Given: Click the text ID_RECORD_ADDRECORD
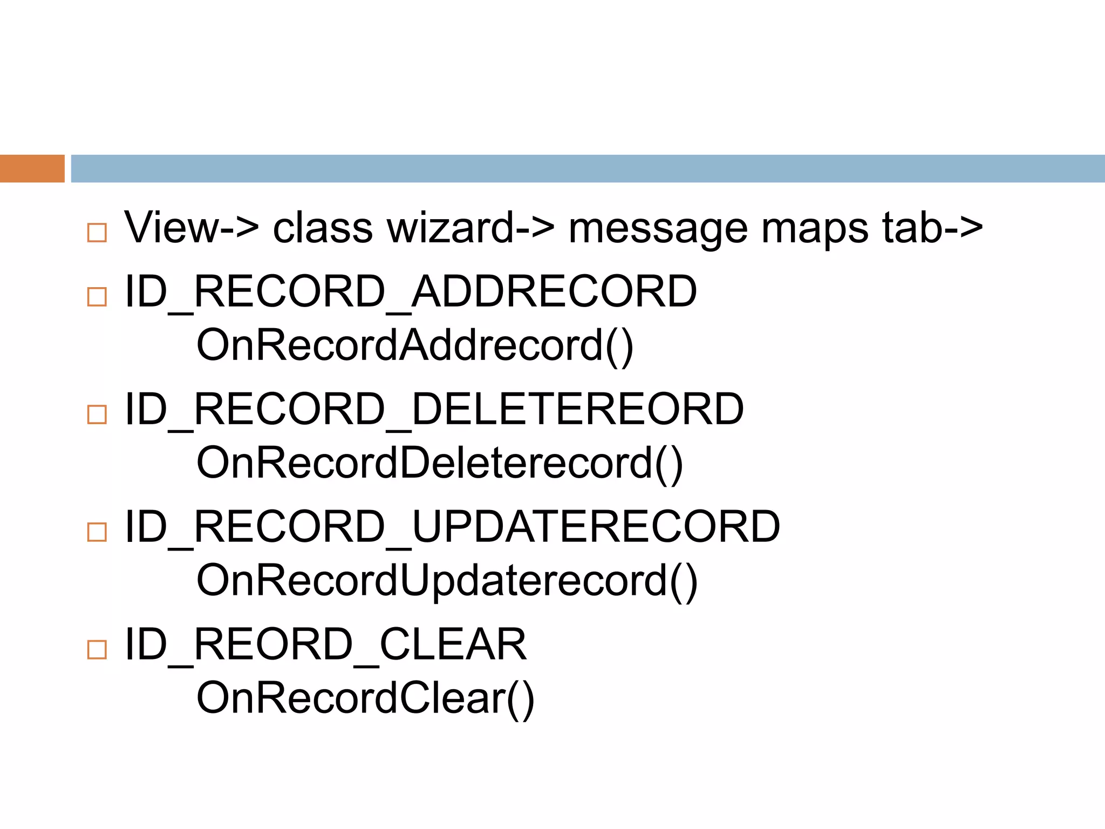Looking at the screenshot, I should (411, 292).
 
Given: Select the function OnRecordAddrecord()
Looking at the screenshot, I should (414, 346).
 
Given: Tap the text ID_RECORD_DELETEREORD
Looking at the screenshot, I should (434, 410).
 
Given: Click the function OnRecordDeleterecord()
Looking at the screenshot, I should (440, 464).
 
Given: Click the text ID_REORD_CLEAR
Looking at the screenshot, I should (325, 645).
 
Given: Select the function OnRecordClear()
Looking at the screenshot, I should (365, 699).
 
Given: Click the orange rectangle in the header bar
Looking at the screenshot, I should (32, 168).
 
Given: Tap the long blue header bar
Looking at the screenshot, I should (587, 168).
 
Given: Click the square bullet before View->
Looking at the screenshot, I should (97, 233).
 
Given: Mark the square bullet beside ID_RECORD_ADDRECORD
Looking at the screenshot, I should (97, 297).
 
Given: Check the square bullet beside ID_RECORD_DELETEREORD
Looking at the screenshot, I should (97, 414).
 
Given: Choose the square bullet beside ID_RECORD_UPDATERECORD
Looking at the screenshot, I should (97, 532).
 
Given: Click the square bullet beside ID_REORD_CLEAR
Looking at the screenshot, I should (97, 649).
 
